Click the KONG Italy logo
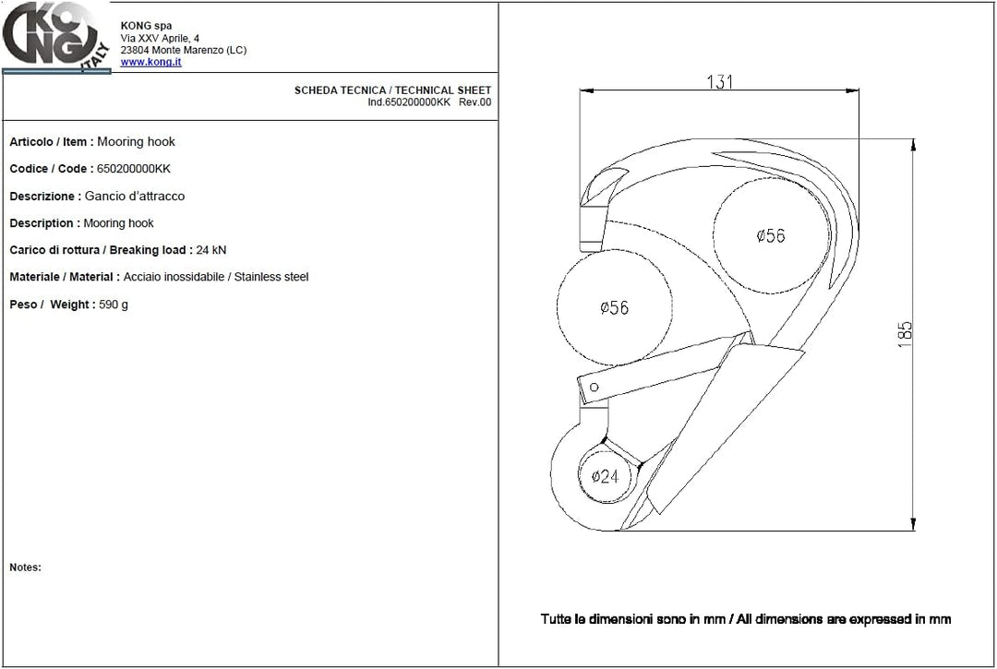(56, 37)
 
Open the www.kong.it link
(150, 62)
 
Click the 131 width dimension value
(720, 82)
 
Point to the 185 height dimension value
(905, 334)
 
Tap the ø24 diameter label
(605, 476)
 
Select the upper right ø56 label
(771, 235)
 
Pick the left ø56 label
(614, 307)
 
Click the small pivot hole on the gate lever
(594, 387)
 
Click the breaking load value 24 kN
(211, 250)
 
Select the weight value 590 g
(114, 305)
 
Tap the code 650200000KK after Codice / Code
(134, 168)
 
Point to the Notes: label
(26, 567)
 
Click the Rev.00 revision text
(475, 102)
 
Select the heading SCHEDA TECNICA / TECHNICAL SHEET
(392, 90)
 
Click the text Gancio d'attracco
(135, 196)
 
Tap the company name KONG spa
(146, 26)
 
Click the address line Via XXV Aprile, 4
(160, 38)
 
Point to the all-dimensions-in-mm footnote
(746, 619)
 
